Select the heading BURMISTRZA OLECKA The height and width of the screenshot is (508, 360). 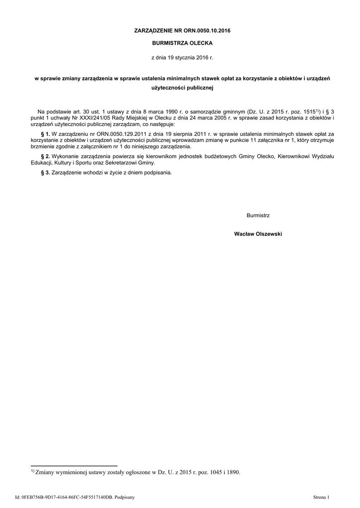coord(182,43)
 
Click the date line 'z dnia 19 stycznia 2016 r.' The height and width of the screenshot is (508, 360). coord(182,58)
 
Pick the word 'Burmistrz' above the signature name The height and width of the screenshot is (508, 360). coord(258,215)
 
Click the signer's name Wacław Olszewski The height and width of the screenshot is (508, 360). coord(258,234)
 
